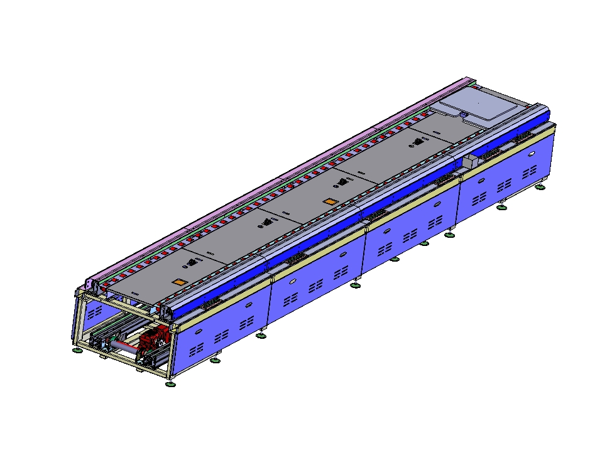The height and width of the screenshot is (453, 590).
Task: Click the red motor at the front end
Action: pyautogui.click(x=153, y=339)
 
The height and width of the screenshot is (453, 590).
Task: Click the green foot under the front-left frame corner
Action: pyautogui.click(x=77, y=350)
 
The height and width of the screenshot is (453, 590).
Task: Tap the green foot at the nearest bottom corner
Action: pyautogui.click(x=170, y=383)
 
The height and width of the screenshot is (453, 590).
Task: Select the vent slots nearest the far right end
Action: pyautogui.click(x=529, y=170)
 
